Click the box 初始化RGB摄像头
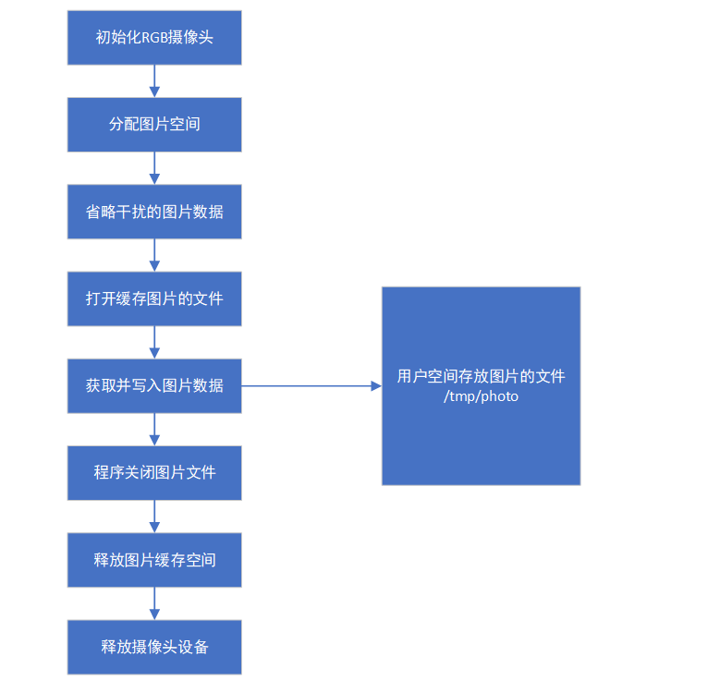(154, 38)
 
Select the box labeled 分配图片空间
(154, 125)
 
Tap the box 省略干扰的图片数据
(154, 212)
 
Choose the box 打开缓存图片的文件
(154, 299)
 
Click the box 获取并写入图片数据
(154, 386)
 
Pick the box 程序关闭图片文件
(154, 473)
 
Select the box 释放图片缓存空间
(154, 560)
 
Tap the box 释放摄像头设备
(154, 648)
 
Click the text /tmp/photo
(481, 396)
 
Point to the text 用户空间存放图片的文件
(481, 376)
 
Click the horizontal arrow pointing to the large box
(311, 386)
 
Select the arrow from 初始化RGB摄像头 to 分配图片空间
(154, 81)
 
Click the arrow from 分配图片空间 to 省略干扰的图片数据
(154, 168)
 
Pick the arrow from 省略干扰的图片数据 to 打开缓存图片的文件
(154, 255)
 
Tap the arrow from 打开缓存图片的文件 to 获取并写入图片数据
(154, 343)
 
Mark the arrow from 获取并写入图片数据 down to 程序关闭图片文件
(154, 430)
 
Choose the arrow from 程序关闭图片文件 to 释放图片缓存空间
(154, 517)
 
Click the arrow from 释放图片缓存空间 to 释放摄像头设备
(154, 604)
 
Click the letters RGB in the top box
(154, 38)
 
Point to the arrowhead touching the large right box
(376, 386)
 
